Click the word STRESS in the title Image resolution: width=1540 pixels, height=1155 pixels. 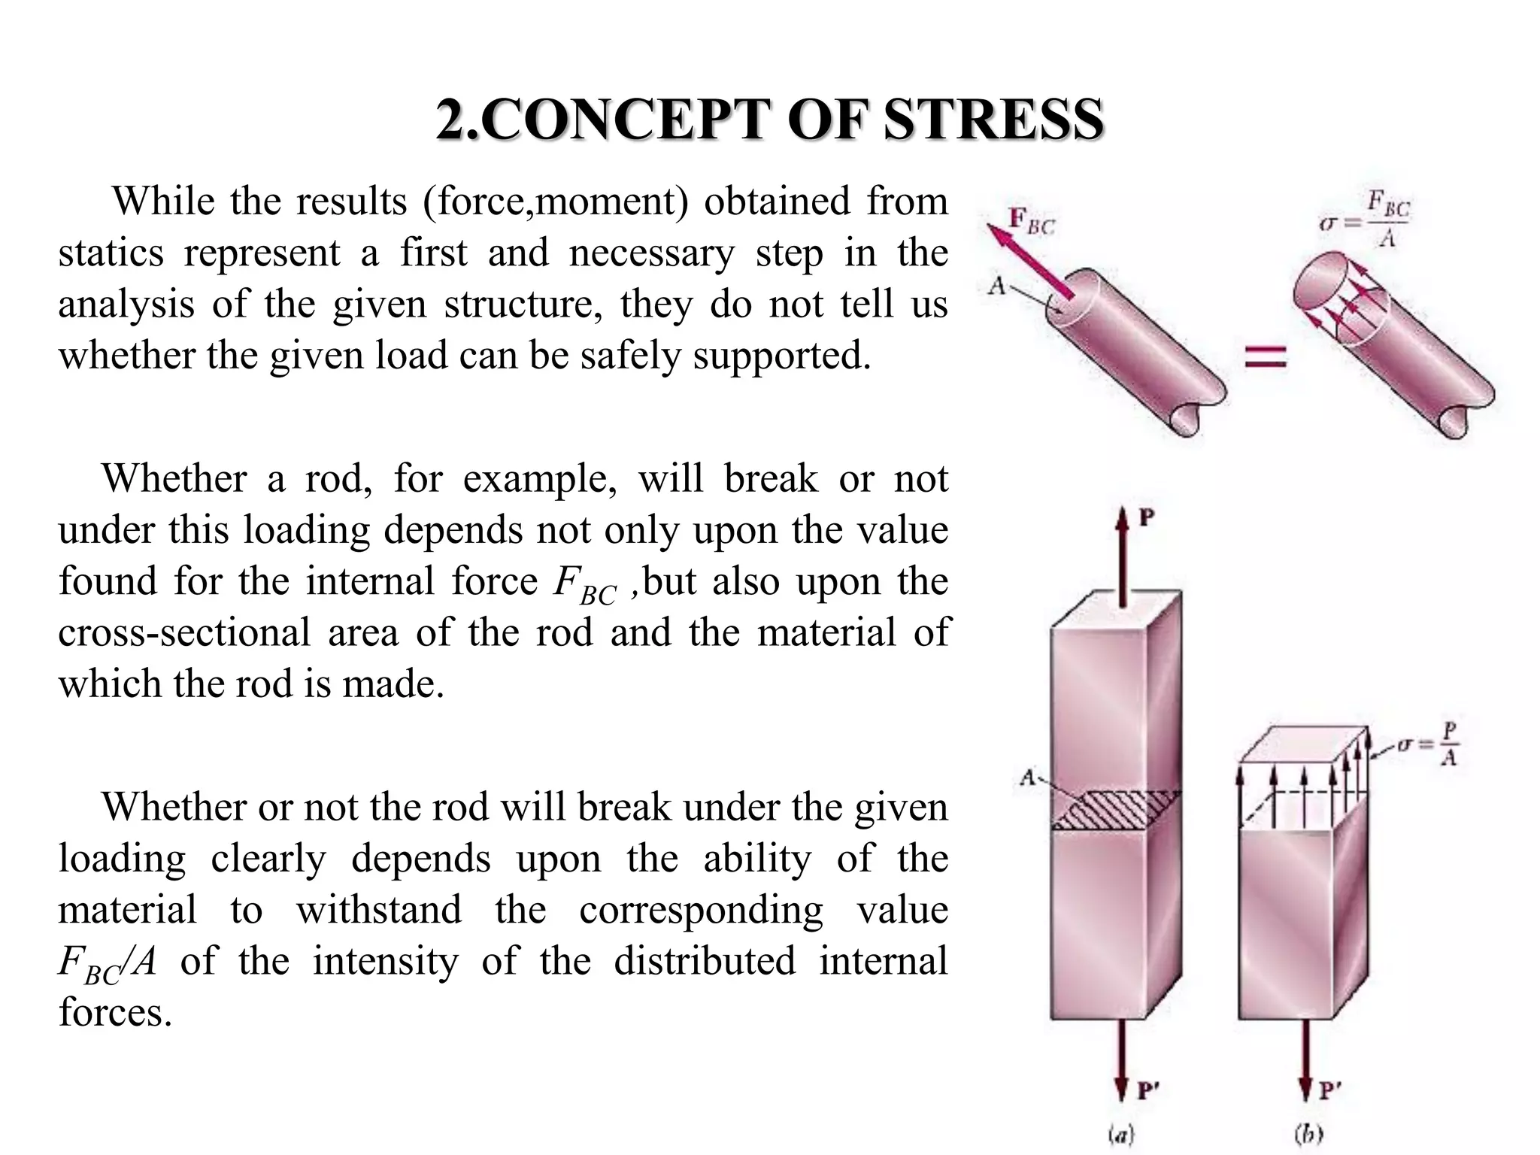(993, 120)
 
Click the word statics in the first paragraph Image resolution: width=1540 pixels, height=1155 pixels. (111, 253)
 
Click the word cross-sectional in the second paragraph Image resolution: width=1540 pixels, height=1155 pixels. (184, 632)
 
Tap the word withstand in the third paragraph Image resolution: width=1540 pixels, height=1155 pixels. (379, 911)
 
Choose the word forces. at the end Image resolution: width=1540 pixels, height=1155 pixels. (115, 1012)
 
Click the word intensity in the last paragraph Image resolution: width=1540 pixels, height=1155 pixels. (385, 962)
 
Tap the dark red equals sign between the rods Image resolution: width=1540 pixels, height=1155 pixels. (1266, 356)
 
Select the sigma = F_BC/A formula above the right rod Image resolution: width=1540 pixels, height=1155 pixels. (1366, 220)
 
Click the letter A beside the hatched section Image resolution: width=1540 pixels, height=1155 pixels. (1028, 778)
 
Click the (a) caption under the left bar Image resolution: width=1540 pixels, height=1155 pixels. (1123, 1135)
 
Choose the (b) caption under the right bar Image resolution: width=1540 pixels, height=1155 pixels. (1308, 1135)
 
